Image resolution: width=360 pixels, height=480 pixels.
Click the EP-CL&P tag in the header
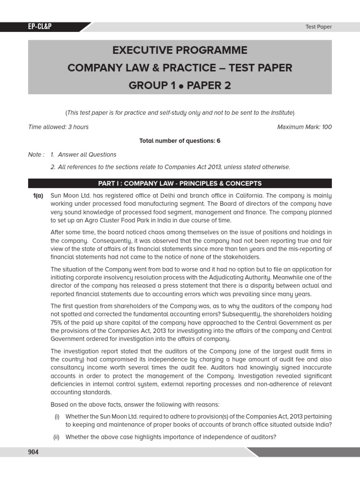click(39, 27)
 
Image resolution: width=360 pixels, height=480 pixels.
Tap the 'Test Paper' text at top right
click(318, 27)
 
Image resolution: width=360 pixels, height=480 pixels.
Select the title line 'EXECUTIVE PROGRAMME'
click(180, 50)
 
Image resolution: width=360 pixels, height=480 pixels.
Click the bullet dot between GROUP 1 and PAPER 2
click(174, 86)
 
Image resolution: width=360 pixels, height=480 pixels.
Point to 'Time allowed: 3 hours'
click(59, 127)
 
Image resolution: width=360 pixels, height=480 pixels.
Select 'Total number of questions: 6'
click(180, 141)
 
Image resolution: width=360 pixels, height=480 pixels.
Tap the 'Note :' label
click(37, 154)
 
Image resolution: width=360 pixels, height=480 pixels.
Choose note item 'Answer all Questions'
click(87, 154)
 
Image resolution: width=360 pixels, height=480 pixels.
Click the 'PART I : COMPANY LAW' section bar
click(180, 183)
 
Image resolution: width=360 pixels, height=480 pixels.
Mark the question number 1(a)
click(37, 195)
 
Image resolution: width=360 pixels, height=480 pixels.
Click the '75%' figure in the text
click(56, 322)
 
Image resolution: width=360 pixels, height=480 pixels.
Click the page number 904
click(33, 452)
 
